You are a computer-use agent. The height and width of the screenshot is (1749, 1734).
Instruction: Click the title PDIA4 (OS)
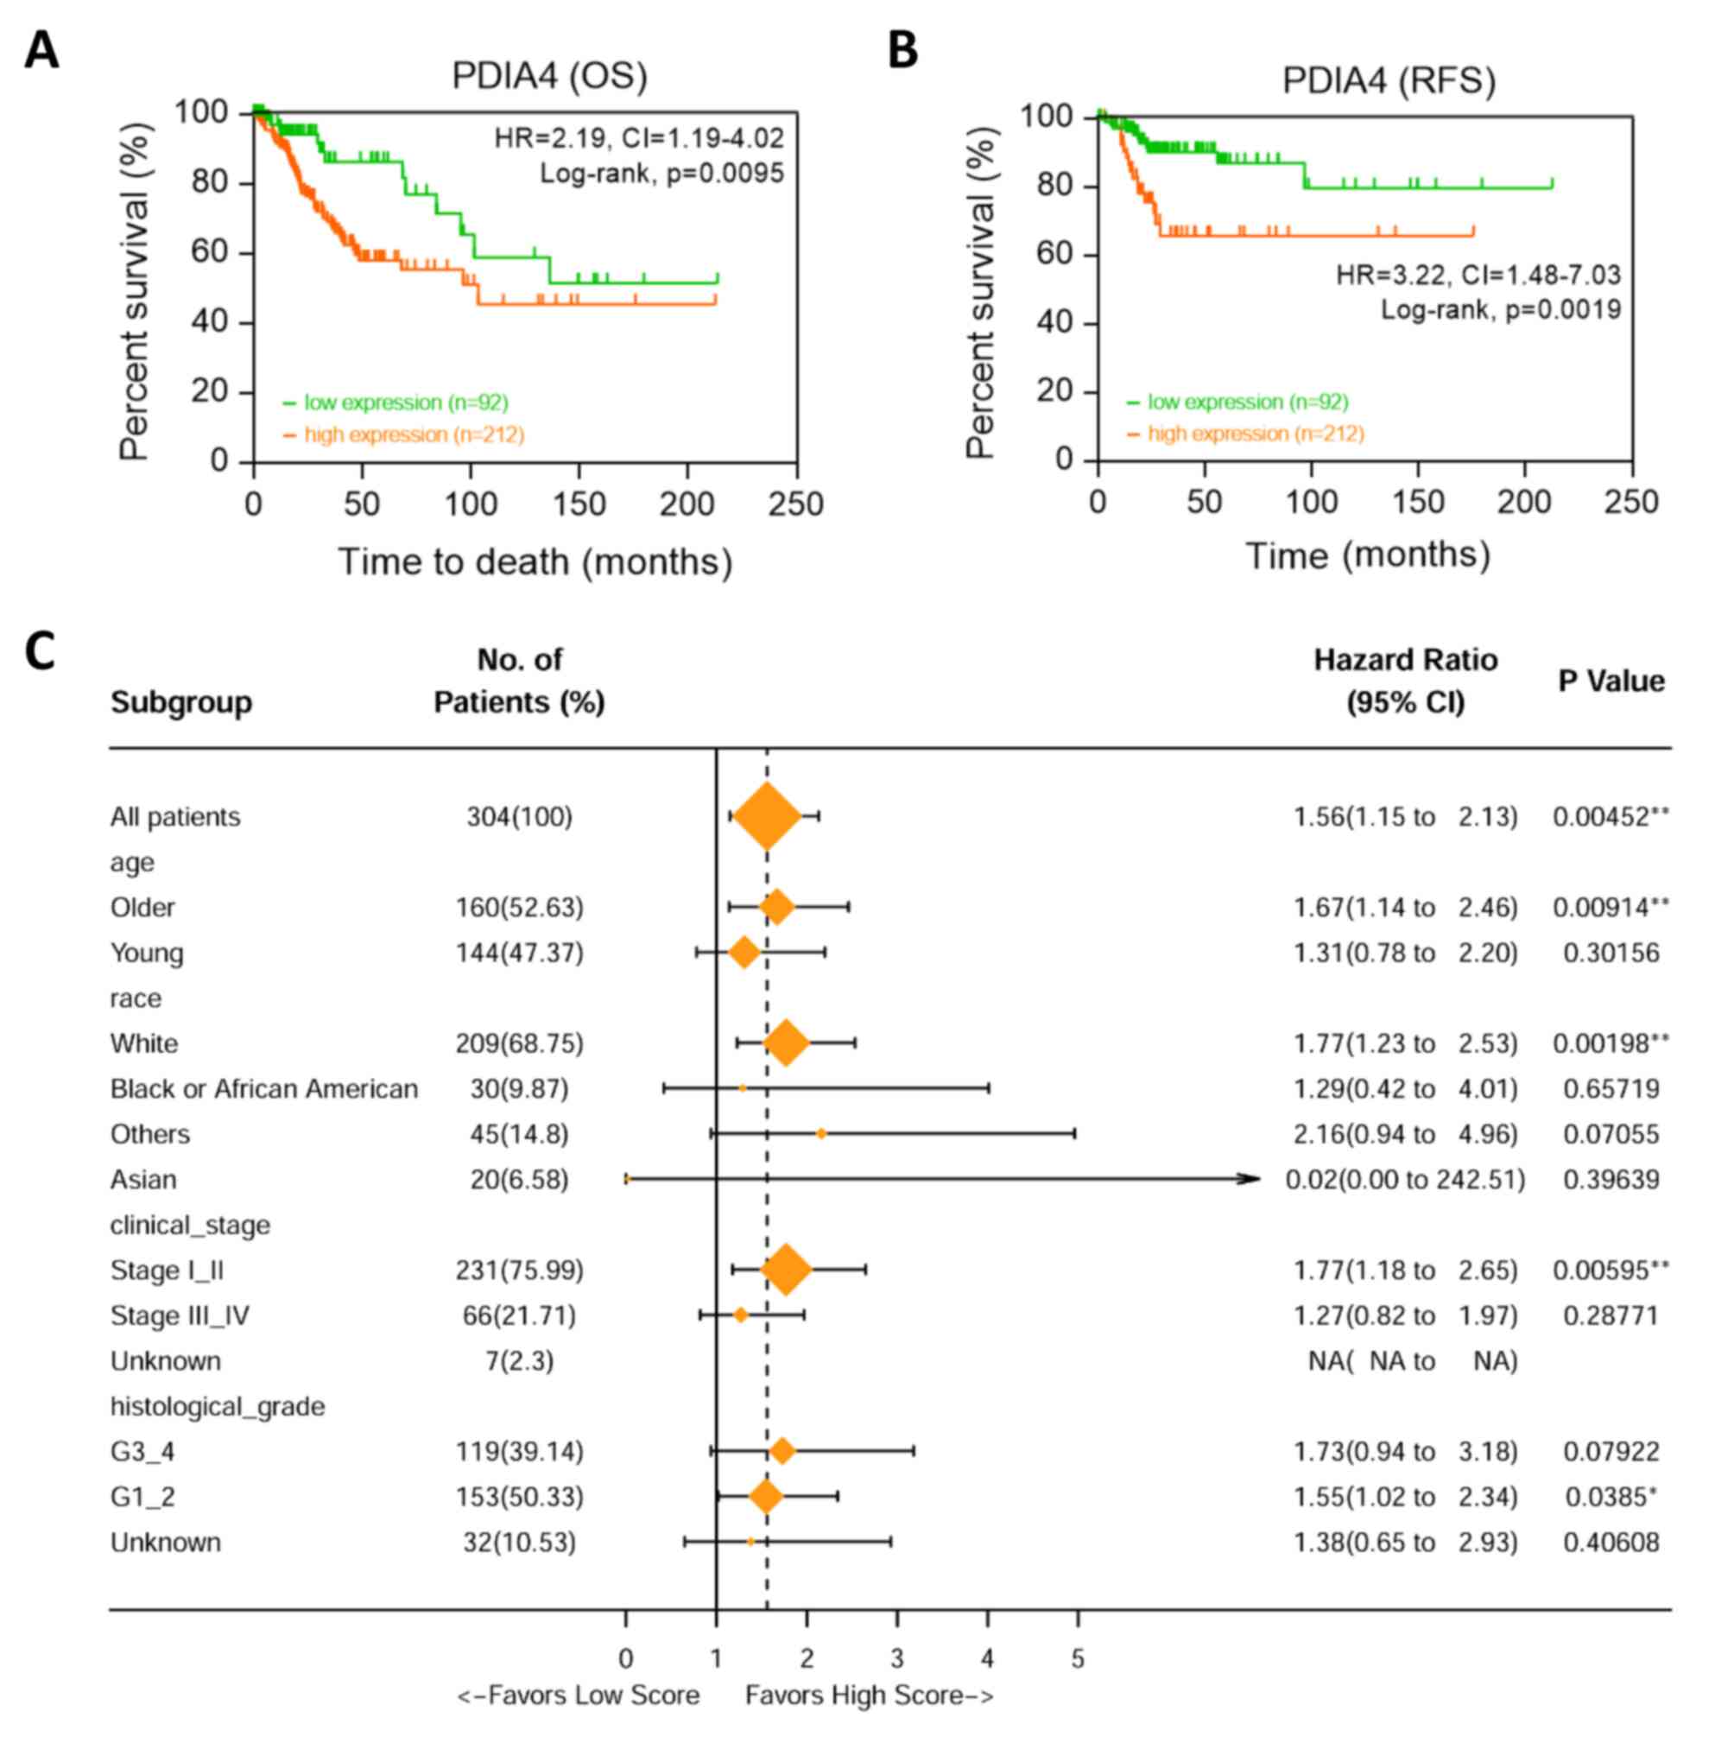549,76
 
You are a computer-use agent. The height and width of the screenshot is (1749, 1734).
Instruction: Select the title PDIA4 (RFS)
1389,81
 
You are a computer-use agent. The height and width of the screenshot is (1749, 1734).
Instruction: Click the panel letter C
40,652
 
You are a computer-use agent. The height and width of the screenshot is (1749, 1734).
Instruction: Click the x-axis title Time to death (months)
535,562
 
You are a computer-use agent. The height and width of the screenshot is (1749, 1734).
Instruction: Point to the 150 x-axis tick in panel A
579,504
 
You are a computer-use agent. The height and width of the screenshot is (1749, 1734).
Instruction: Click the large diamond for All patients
767,816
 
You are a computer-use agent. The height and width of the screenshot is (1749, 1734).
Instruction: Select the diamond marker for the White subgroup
786,1042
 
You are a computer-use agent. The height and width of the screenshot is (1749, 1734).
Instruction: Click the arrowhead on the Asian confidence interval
1250,1179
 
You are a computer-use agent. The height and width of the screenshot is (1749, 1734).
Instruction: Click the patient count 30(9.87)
519,1088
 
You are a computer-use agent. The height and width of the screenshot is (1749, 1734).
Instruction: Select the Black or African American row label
263,1088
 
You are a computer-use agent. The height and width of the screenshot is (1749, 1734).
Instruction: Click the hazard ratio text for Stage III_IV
1405,1315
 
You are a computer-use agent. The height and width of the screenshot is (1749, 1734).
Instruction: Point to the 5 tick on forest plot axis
1077,1658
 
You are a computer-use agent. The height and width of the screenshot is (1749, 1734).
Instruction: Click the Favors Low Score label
579,1695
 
